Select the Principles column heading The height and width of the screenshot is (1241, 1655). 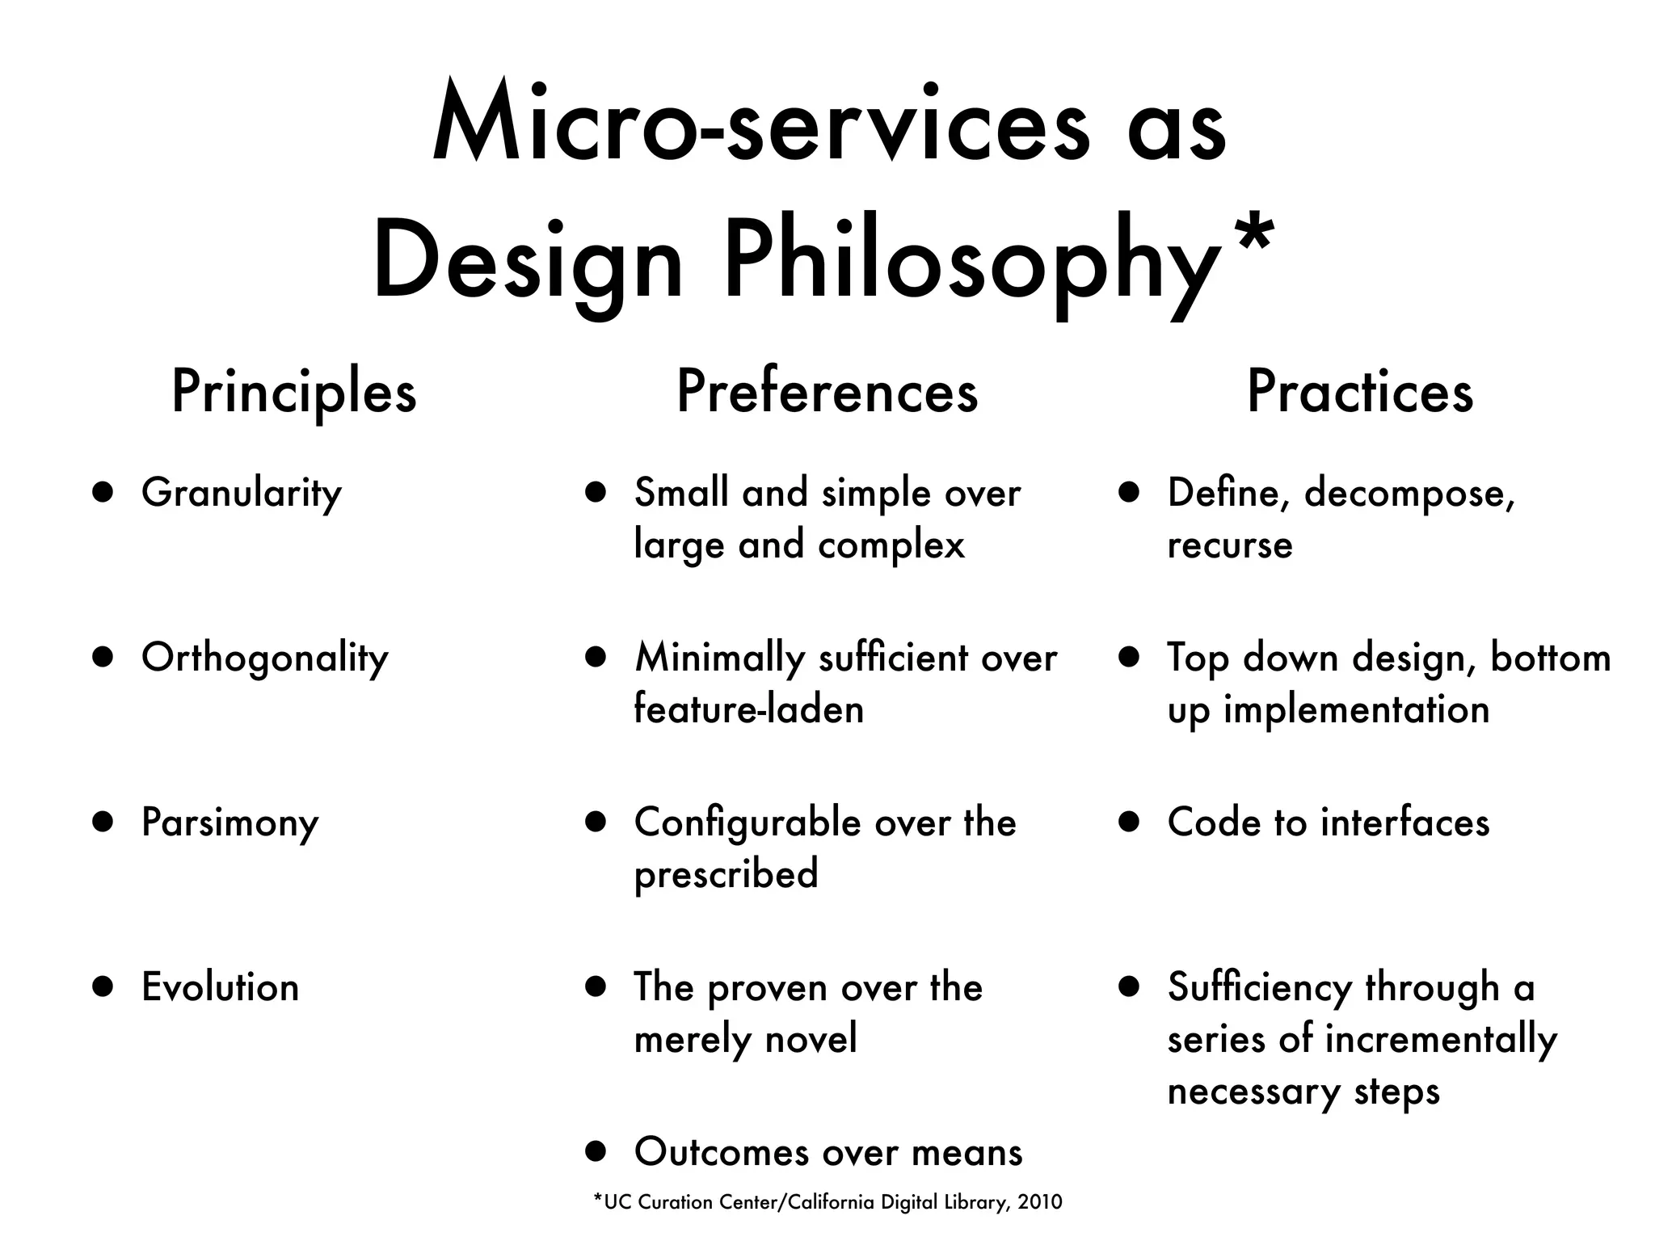293,393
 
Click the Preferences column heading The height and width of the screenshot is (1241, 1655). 827,393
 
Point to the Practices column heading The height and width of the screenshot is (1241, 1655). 1360,393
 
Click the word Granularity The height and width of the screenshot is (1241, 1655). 241,494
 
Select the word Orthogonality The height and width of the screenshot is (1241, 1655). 264,658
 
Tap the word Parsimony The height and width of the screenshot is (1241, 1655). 230,823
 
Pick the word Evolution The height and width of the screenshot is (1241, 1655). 220,987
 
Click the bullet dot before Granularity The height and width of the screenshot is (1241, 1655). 103,493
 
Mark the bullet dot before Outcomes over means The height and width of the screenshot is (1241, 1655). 596,1151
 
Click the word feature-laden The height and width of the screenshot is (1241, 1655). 748,709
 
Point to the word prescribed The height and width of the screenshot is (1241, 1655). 726,874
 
